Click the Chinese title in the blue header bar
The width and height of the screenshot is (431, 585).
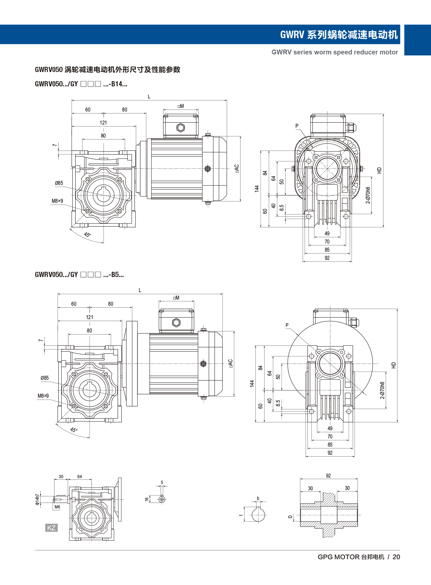coord(339,35)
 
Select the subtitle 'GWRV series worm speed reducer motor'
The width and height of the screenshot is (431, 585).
coord(335,52)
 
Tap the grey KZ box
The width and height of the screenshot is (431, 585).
coord(51,528)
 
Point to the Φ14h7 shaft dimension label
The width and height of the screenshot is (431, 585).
coord(37,499)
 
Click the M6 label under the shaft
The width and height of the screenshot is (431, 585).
coord(57,507)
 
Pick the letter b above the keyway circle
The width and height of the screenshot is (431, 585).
coord(258,498)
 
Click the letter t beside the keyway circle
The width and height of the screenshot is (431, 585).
coord(241,515)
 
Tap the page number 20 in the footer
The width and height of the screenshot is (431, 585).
coord(396,557)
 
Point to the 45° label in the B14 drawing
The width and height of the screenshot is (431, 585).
coord(87,235)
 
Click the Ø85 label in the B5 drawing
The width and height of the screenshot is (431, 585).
coord(45,378)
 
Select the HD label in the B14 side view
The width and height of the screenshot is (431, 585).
coord(379,170)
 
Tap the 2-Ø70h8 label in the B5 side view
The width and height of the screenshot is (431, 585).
coord(382,390)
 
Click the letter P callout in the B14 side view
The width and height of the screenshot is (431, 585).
coord(297,126)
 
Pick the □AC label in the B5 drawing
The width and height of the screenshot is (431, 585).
coord(230,363)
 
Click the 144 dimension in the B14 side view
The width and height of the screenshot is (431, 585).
coord(257,188)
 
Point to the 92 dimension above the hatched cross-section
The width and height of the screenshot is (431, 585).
coord(328,476)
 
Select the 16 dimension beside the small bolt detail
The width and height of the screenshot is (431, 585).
coord(147,499)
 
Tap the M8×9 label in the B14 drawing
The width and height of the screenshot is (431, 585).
coord(57,201)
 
